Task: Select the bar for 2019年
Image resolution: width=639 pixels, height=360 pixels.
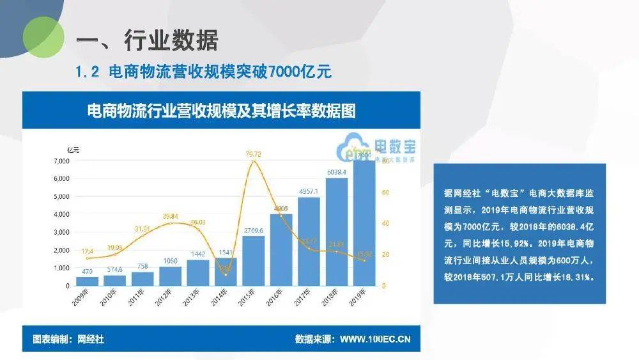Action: point(364,224)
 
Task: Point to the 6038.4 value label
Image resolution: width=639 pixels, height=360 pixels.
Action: point(336,172)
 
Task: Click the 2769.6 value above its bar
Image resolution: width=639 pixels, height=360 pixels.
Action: point(253,230)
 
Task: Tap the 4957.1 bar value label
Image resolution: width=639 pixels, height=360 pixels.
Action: point(309,191)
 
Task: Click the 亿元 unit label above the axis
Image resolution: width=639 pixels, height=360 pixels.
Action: point(73,150)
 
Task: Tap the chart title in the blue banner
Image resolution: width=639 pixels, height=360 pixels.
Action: point(221,111)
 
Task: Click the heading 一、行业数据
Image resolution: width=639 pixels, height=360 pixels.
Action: point(147,41)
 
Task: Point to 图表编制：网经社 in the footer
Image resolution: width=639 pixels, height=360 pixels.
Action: point(68,340)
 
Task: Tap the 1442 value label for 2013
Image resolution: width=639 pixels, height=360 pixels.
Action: point(197,254)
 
